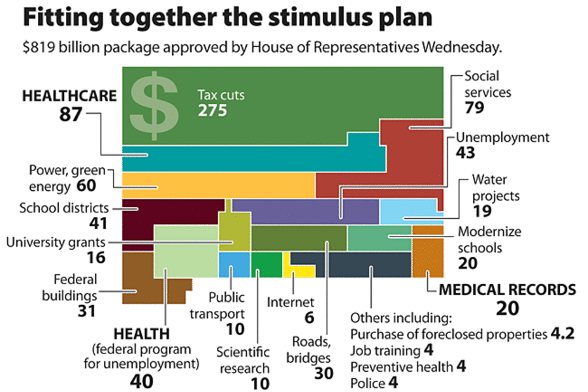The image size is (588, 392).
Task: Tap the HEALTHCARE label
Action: (x=69, y=96)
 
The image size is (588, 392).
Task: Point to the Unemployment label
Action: (x=502, y=138)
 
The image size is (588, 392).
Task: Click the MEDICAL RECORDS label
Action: (x=507, y=289)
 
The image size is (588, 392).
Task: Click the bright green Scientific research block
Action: (x=266, y=265)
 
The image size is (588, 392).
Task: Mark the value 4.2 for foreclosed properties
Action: (x=563, y=334)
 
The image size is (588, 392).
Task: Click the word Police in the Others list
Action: (x=368, y=383)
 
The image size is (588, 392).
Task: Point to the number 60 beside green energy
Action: (x=86, y=186)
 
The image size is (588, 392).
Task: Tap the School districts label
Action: (x=63, y=208)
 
